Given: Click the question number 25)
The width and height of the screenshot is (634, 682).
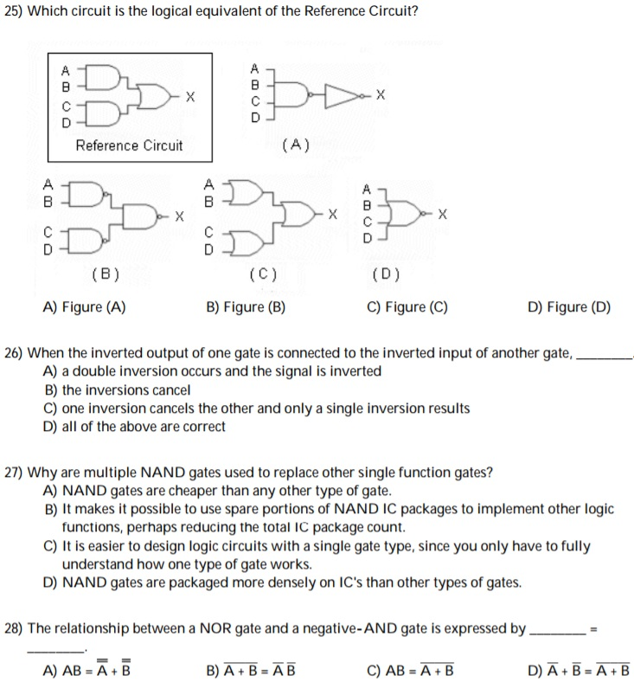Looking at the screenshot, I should coord(16,15).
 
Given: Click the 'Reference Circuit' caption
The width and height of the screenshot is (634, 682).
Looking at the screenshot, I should coord(129,145).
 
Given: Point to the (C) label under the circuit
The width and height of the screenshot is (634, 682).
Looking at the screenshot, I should coord(261,275).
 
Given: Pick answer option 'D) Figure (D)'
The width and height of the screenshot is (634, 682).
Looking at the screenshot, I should coord(569,307).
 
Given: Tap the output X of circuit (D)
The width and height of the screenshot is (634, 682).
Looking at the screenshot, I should coord(443,213).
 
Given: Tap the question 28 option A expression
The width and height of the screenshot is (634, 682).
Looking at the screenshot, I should coord(86,670).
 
